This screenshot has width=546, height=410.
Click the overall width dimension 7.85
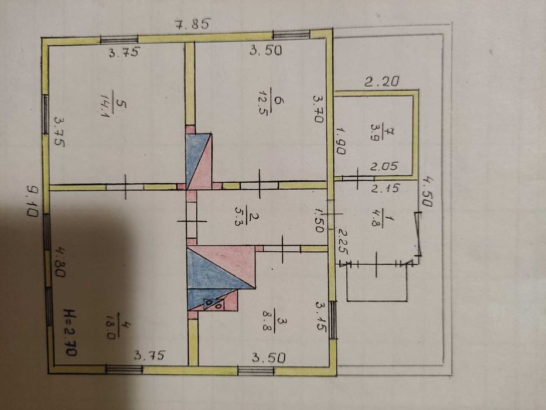pos(193,25)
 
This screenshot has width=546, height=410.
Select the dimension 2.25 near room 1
pos(344,242)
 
